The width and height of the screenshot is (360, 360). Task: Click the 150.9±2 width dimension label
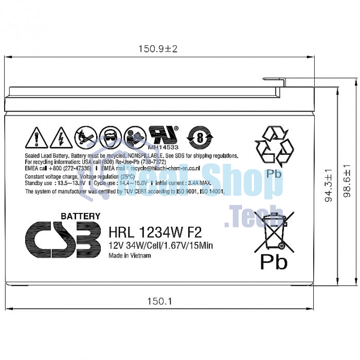tap(157, 49)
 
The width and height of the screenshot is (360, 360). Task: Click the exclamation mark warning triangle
tap(37, 137)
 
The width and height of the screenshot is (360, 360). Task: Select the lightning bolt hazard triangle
tap(61, 137)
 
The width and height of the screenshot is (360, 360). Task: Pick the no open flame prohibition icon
tap(85, 137)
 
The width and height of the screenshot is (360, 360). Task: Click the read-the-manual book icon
tap(135, 137)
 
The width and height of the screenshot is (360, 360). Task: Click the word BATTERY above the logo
tap(81, 216)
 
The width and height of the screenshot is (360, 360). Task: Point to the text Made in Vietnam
tap(130, 256)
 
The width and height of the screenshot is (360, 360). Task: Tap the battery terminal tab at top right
tap(274, 80)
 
